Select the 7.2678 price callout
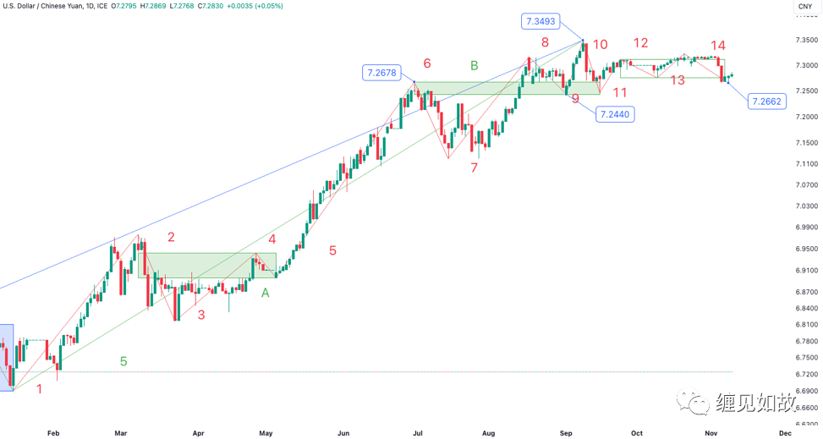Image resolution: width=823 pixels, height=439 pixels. pyautogui.click(x=381, y=73)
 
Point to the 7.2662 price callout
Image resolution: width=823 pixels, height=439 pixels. pyautogui.click(x=765, y=102)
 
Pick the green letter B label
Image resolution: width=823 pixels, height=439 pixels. pyautogui.click(x=475, y=65)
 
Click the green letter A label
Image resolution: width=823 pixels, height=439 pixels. pyautogui.click(x=266, y=293)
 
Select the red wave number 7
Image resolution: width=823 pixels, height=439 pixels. pyautogui.click(x=475, y=167)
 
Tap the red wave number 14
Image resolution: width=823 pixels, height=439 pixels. pyautogui.click(x=718, y=46)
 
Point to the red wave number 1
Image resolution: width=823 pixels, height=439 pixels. pyautogui.click(x=39, y=388)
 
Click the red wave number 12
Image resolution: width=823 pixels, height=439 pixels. pyautogui.click(x=640, y=43)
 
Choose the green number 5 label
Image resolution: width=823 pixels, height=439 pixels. pyautogui.click(x=123, y=361)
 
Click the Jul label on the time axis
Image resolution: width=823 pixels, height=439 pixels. pyautogui.click(x=418, y=432)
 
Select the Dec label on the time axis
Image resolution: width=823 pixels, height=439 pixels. pyautogui.click(x=785, y=432)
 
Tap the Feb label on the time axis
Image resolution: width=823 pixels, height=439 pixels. pyautogui.click(x=53, y=432)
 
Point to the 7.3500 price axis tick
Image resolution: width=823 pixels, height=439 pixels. pyautogui.click(x=806, y=40)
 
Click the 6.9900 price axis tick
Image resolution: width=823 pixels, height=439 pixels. pyautogui.click(x=806, y=227)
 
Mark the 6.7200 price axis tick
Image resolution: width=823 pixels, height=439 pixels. pyautogui.click(x=806, y=374)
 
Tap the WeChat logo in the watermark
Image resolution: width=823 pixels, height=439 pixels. pyautogui.click(x=699, y=402)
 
